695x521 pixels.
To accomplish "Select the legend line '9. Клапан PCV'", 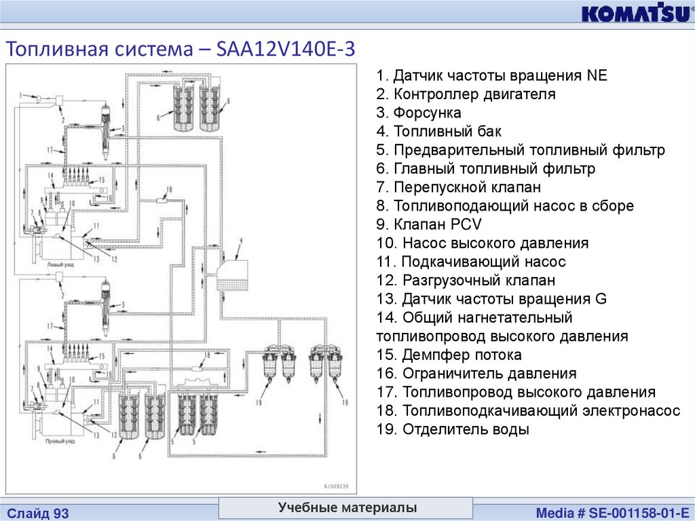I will click(429, 224).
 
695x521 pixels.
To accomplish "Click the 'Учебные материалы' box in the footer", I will click(346, 507).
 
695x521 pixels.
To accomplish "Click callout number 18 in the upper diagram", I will click(169, 190).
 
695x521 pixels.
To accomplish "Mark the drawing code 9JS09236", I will click(335, 486).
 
